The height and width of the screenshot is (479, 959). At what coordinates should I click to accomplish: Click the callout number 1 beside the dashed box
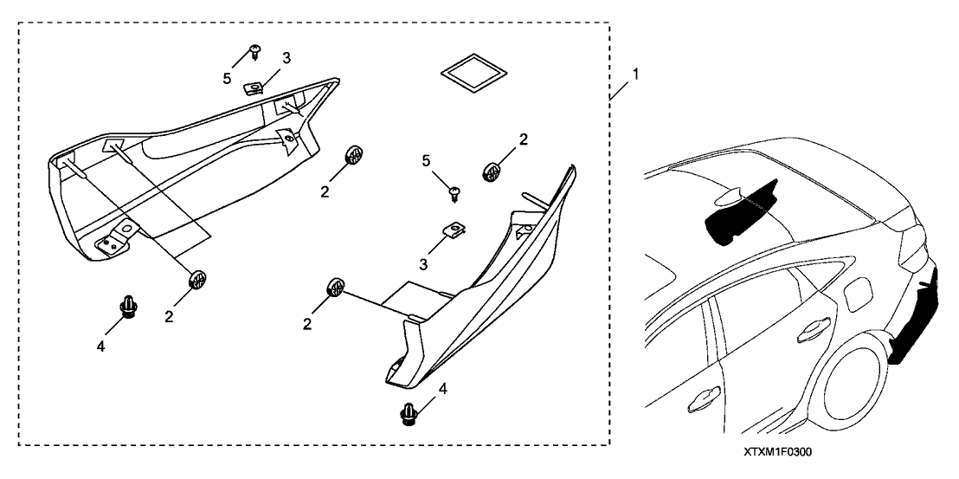pyautogui.click(x=636, y=75)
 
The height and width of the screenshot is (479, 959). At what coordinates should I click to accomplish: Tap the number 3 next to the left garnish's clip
pyautogui.click(x=286, y=58)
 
